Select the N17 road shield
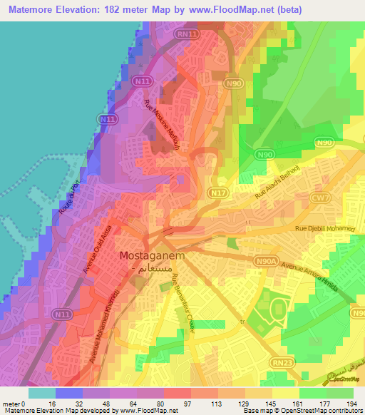(217, 193)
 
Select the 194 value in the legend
(352, 404)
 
